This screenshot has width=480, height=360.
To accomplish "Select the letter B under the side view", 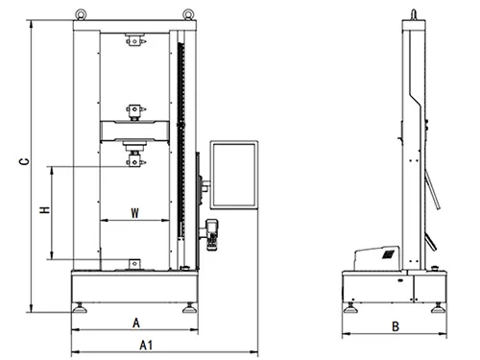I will (395, 326).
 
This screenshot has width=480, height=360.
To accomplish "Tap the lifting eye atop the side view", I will (414, 14).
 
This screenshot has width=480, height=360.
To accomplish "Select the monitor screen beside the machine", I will (234, 175).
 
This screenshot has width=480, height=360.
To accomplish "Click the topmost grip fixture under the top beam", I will (134, 41).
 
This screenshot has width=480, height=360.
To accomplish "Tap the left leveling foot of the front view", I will (81, 309).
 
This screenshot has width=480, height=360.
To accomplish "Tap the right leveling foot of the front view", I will (190, 309).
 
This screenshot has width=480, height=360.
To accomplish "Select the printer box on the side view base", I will (377, 256).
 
